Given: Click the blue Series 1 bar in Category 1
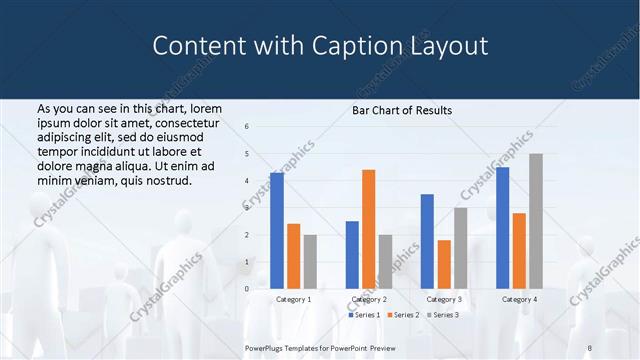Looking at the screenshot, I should tap(276, 231).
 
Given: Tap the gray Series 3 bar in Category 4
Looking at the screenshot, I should tap(536, 221).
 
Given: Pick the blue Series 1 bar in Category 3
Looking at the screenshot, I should tap(427, 241).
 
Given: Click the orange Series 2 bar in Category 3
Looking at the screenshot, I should tap(444, 264).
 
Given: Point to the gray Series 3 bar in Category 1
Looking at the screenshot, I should tap(310, 262).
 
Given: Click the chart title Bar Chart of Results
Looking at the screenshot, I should tap(402, 110).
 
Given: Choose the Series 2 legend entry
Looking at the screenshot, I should tap(403, 315).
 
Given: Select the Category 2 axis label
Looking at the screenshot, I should tap(369, 299).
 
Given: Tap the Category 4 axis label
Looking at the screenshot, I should tap(519, 299).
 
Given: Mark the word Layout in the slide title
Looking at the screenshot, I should tap(449, 46).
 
